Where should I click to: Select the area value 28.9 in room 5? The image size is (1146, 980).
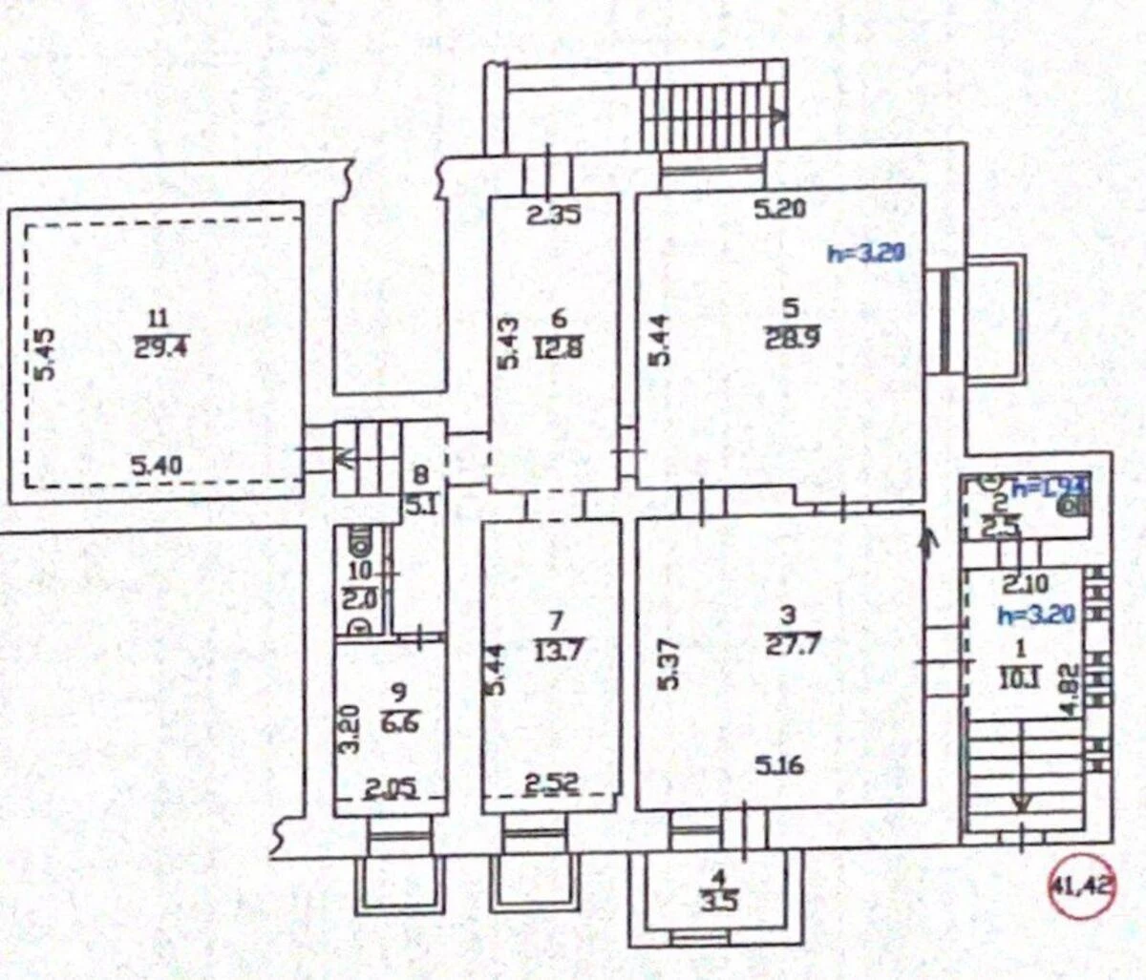[789, 339]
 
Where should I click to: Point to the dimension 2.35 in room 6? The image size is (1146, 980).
[554, 216]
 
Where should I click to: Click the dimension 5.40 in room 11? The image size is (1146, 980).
[156, 467]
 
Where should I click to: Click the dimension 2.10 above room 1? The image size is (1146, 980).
[1024, 582]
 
